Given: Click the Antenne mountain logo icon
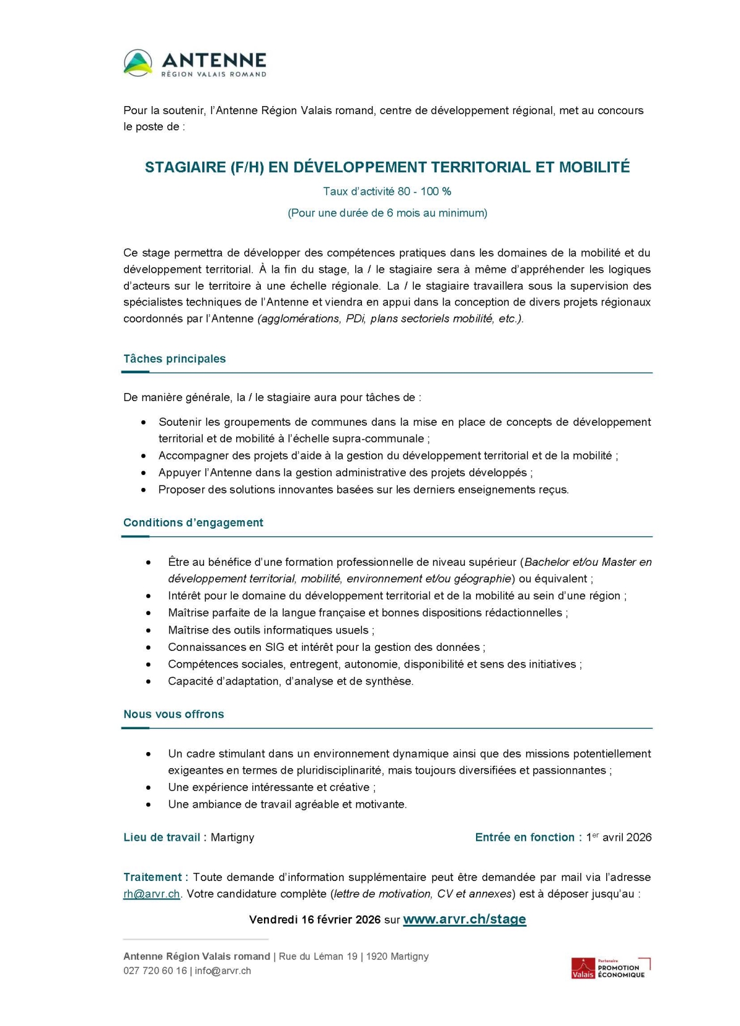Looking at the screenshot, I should pos(138,63).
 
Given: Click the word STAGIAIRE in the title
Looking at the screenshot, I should pos(185,167).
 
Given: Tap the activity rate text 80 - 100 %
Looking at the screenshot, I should pos(424,191).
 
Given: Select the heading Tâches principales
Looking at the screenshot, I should pos(175,359).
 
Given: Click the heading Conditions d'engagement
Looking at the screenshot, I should pos(193,523).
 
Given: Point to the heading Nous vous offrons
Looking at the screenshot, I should pos(173,714).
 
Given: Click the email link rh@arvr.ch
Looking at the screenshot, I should pos(152,894).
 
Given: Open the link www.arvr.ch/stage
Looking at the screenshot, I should pos(464,919).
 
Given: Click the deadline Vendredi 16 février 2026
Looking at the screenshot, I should pos(314,920).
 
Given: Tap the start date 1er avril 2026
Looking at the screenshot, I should pos(619,837).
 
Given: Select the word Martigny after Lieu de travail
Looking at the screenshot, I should pos(232,837).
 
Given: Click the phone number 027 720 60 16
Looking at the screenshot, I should pos(155,970).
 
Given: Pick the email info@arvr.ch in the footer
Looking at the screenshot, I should pos(223,970).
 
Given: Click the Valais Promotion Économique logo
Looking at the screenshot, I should pos(610,968).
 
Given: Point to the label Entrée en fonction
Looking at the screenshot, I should pos(525,837).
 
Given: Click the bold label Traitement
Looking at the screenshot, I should pos(153,877).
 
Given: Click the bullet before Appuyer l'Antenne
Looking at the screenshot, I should pos(144,473).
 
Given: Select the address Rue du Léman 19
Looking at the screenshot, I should pos(318,956).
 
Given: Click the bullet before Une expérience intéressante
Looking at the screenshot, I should pos(149,788).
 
